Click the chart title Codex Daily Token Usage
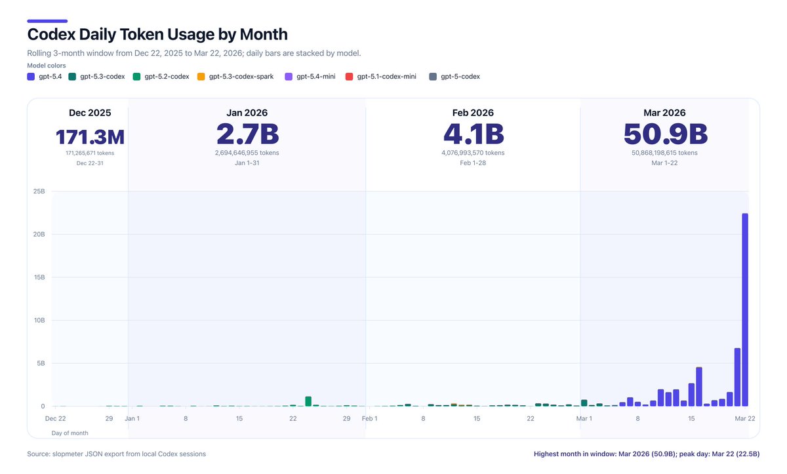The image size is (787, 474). [x=157, y=34]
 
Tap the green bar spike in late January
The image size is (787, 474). [x=308, y=401]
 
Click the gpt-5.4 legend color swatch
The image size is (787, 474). [x=31, y=77]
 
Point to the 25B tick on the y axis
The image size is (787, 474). [x=39, y=191]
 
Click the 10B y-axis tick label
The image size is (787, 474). [x=39, y=321]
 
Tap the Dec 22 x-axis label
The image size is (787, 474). [x=55, y=418]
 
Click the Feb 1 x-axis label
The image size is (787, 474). [x=369, y=418]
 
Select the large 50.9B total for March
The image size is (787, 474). [x=665, y=134]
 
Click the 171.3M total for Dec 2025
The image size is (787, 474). [x=90, y=137]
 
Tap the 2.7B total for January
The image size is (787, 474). [x=247, y=134]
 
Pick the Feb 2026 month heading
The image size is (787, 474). [x=473, y=113]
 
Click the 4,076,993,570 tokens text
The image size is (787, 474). [x=473, y=153]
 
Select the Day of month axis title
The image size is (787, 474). [x=70, y=433]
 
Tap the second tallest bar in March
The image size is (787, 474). [x=737, y=377]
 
